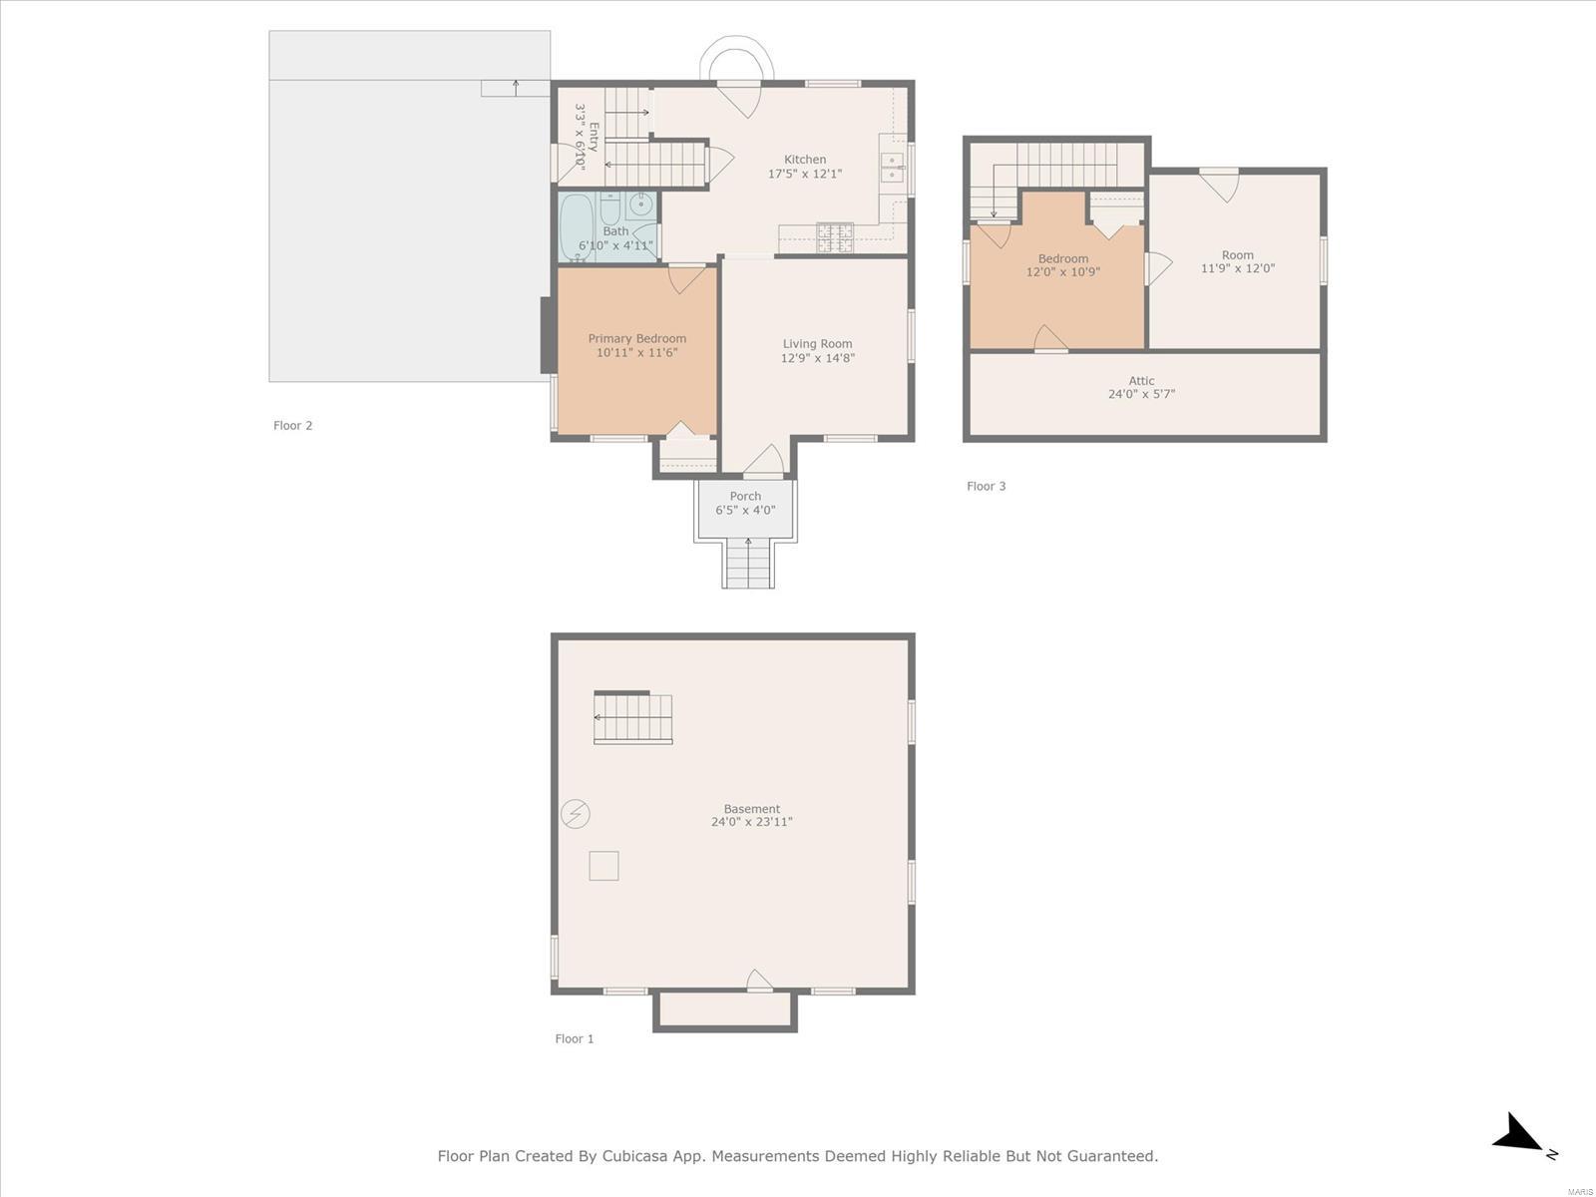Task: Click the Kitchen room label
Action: [805, 160]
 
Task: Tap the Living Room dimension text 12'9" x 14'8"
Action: [817, 357]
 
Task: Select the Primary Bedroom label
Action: [637, 339]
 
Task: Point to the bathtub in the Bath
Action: [576, 227]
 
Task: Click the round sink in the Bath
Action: [640, 204]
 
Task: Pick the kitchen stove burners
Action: [836, 237]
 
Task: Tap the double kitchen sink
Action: [892, 168]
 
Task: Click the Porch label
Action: [745, 496]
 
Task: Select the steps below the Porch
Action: [748, 564]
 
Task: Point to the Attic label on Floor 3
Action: [1141, 381]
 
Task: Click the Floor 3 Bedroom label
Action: [1063, 258]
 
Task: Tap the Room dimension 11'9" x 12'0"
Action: [1238, 268]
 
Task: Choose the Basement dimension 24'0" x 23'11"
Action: [752, 822]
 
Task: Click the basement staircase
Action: [633, 718]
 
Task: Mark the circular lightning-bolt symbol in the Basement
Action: [576, 813]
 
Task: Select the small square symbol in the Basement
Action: [603, 866]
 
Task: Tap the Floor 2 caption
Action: [293, 426]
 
